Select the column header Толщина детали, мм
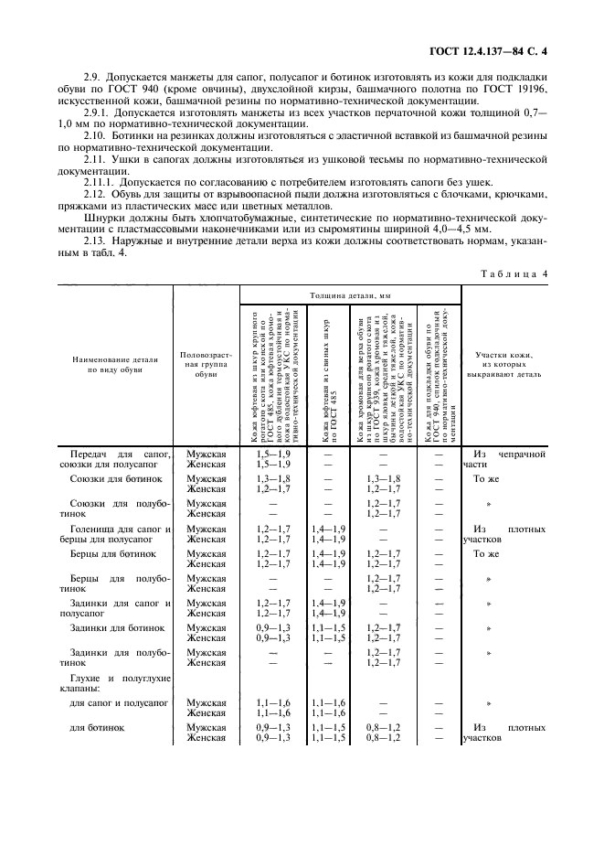click(x=349, y=296)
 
